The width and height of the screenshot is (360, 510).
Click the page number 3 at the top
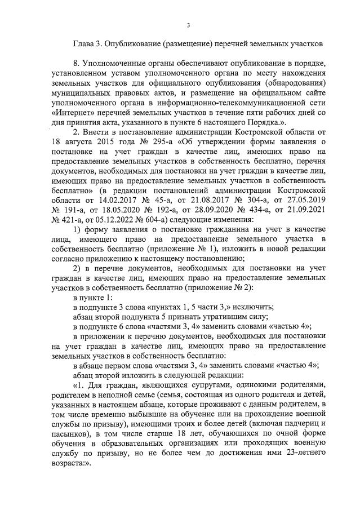(x=189, y=25)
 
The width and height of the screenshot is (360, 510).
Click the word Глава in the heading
(x=85, y=43)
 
